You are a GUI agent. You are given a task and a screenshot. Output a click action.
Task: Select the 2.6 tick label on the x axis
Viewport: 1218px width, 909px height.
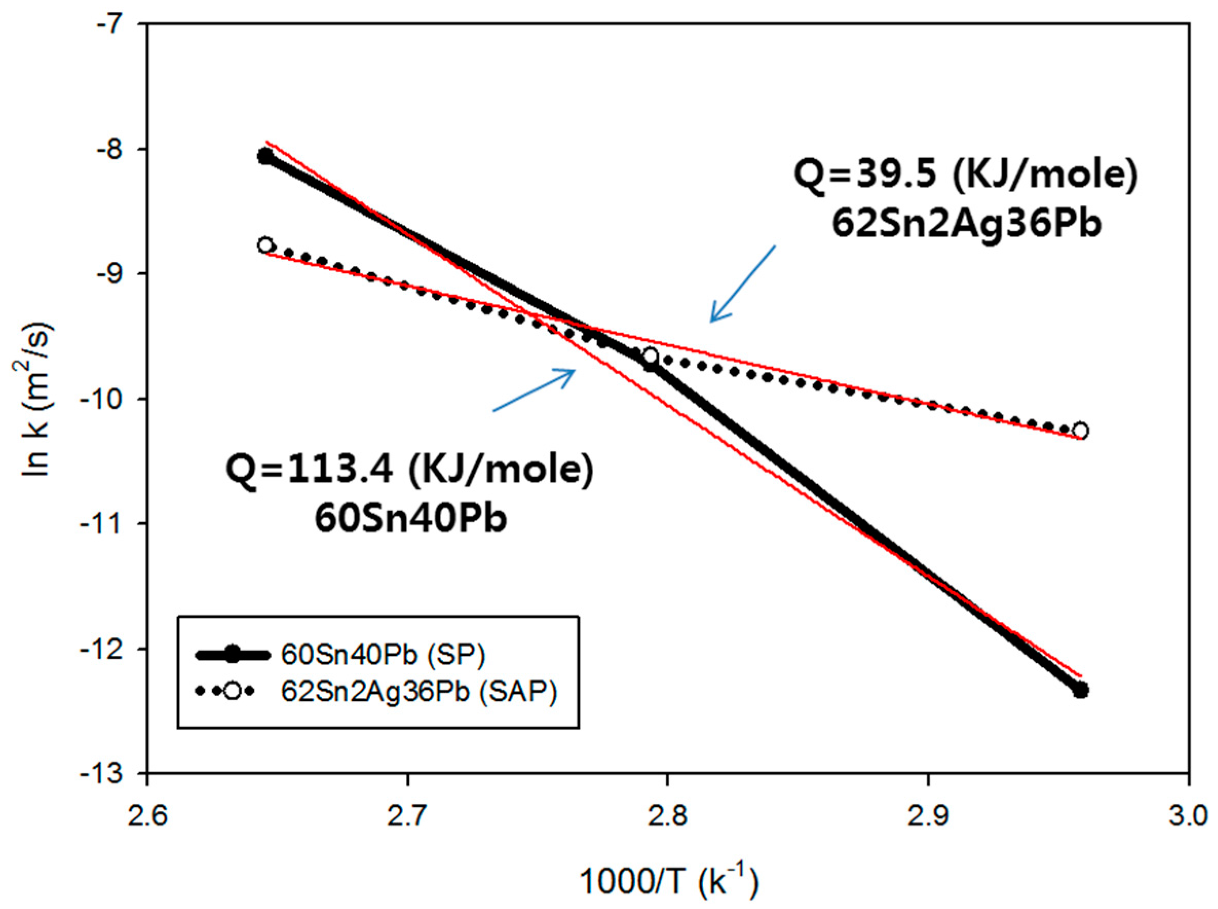[x=147, y=815]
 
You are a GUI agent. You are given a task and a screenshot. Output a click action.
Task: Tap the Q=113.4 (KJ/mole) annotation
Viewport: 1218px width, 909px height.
[x=410, y=470]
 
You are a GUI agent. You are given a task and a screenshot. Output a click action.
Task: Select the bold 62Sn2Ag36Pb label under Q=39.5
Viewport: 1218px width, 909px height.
[x=966, y=224]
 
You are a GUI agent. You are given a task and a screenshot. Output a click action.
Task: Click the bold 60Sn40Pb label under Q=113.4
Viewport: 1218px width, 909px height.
[x=411, y=518]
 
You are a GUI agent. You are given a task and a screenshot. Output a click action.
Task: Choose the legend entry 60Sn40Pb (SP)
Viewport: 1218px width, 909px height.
[x=383, y=655]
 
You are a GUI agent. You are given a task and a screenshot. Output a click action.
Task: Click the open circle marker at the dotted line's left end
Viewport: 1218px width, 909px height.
[x=265, y=245]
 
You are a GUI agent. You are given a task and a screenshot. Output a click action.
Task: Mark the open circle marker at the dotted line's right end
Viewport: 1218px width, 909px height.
[x=1080, y=430]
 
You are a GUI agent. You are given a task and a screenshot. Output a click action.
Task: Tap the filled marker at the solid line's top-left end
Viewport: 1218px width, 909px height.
[x=265, y=156]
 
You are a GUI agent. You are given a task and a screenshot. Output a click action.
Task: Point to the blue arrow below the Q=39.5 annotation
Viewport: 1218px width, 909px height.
[x=741, y=284]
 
